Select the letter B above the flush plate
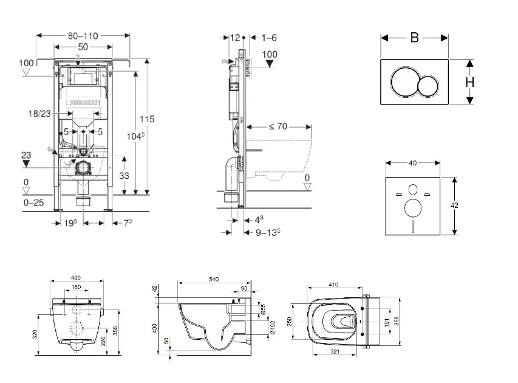point(414,38)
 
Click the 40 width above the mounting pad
point(413,163)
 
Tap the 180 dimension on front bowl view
point(77,288)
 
